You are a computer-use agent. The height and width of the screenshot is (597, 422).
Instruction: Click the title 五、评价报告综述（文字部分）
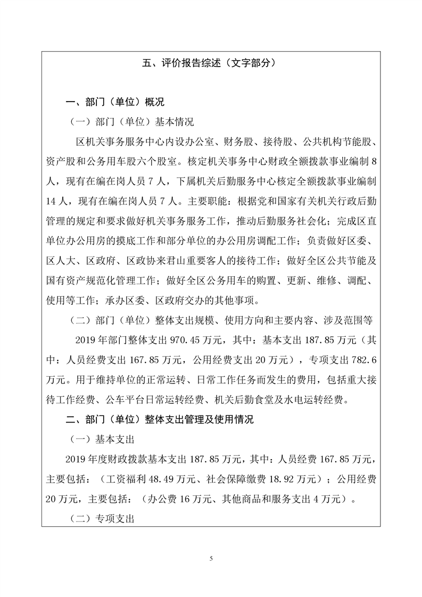pos(211,63)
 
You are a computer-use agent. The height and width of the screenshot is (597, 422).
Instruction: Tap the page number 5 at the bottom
pos(211,558)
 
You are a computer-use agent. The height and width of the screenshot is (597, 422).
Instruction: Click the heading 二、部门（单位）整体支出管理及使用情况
pos(159,420)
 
